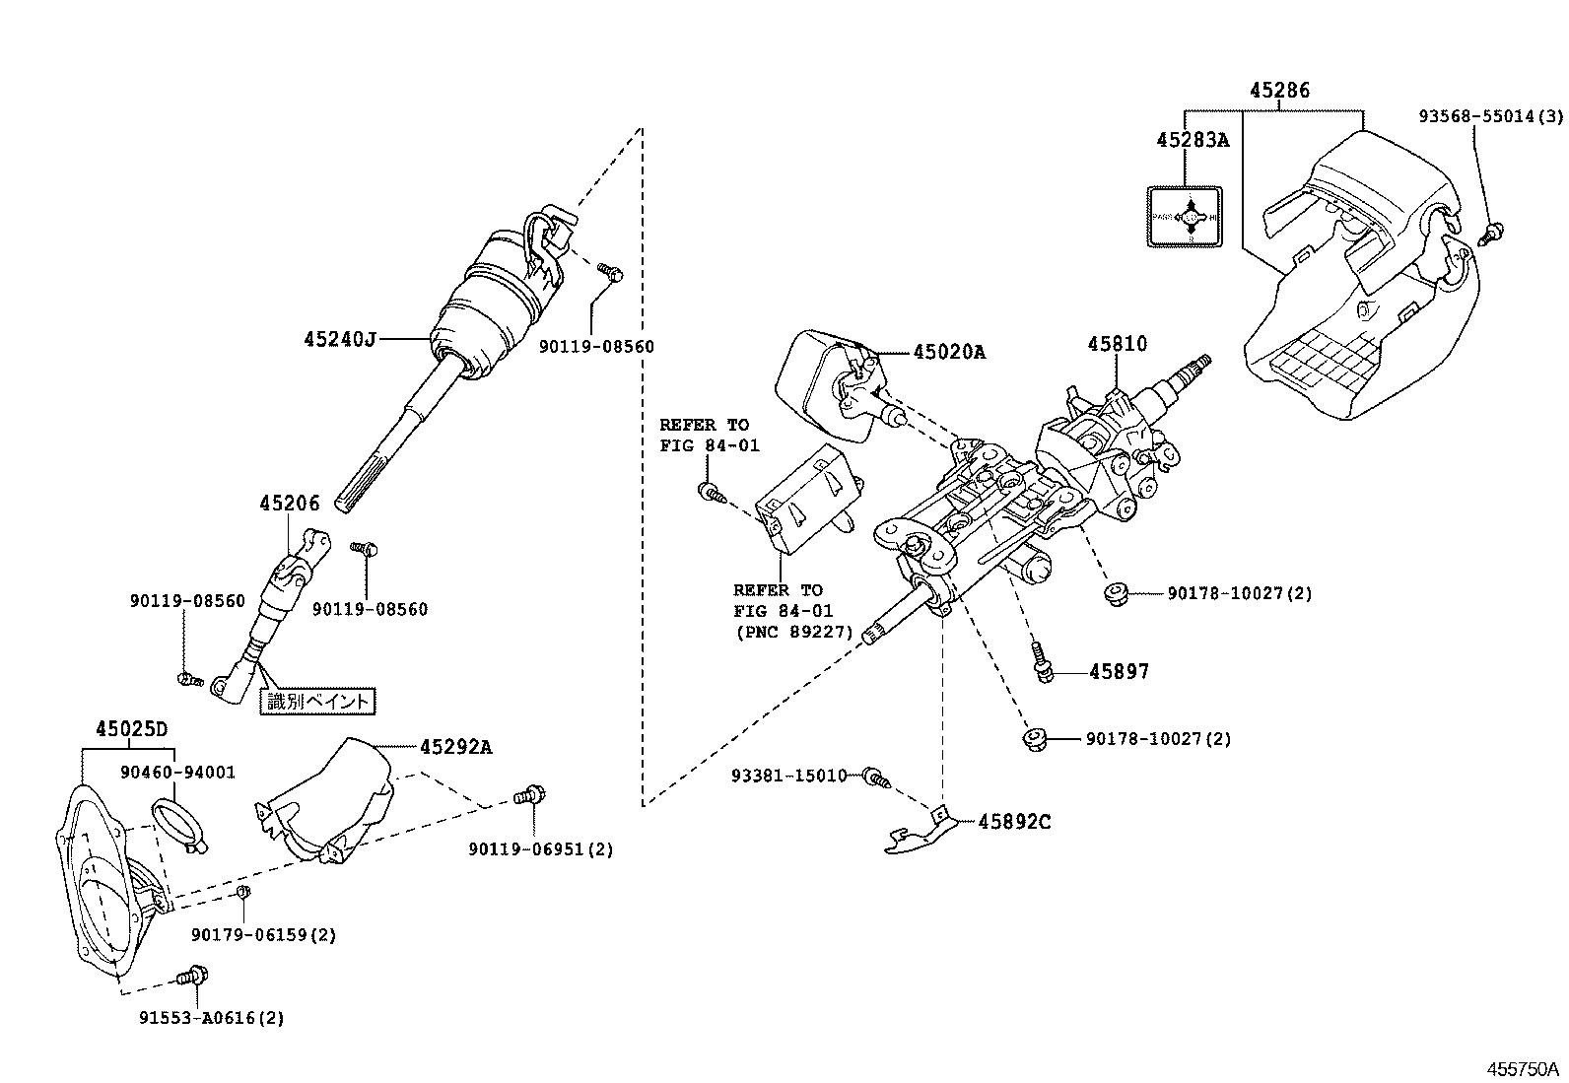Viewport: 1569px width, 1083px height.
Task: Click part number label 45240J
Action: coord(340,340)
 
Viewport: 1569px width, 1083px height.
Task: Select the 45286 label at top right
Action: coord(1279,91)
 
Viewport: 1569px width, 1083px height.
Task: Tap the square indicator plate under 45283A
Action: coord(1185,216)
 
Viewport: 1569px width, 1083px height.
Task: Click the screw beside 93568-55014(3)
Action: coord(1493,234)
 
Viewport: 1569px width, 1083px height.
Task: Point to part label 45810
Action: coord(1117,344)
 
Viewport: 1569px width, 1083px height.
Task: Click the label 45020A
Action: coord(948,352)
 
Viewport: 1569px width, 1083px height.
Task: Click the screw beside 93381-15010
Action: coord(875,778)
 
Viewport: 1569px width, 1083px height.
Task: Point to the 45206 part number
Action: coord(290,504)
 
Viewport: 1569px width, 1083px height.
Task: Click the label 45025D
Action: coord(131,729)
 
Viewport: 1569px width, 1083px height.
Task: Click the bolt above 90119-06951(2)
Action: coord(531,794)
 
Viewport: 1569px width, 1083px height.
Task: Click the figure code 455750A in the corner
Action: coord(1523,1069)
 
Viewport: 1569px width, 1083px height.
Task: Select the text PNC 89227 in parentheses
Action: coord(792,632)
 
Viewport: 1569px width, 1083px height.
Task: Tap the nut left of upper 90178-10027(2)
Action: coord(1116,594)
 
